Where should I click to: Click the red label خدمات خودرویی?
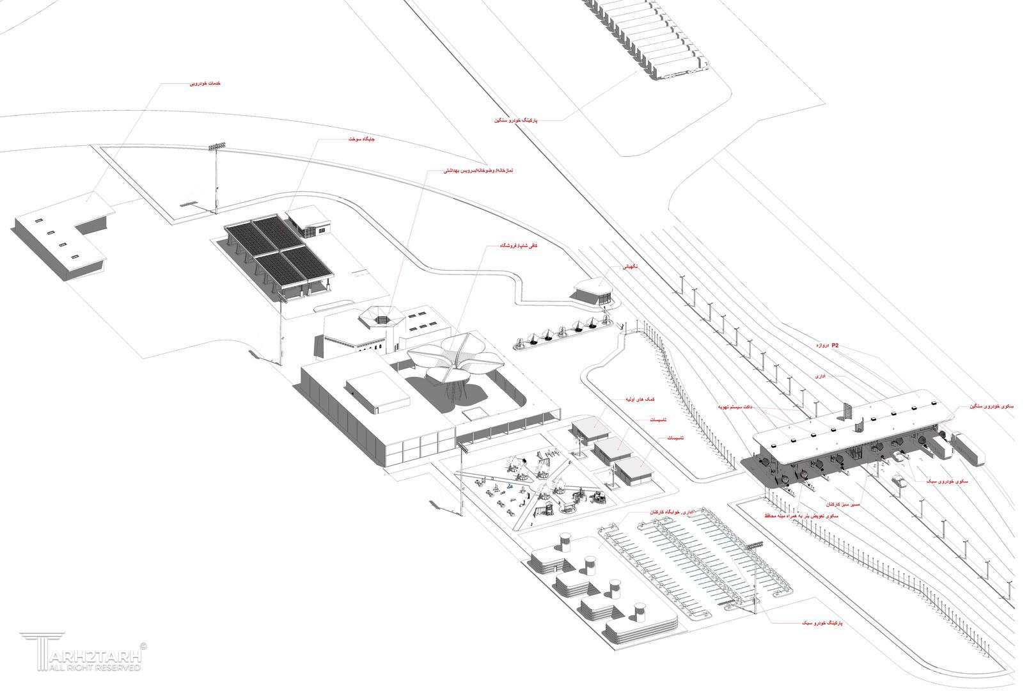(x=206, y=84)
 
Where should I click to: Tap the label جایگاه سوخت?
(x=362, y=139)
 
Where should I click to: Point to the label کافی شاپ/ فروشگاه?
(x=518, y=245)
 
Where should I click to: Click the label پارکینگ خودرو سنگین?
(x=515, y=120)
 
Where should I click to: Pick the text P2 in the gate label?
(x=835, y=345)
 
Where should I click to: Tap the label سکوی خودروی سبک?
(x=946, y=481)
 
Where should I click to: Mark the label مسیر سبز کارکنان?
(x=843, y=504)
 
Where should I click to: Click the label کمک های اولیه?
(x=645, y=399)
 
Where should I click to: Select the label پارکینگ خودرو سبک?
(x=821, y=622)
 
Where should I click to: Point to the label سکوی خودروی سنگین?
(x=991, y=406)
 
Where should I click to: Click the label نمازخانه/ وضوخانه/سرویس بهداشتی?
(x=478, y=171)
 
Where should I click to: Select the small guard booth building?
(x=592, y=291)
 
